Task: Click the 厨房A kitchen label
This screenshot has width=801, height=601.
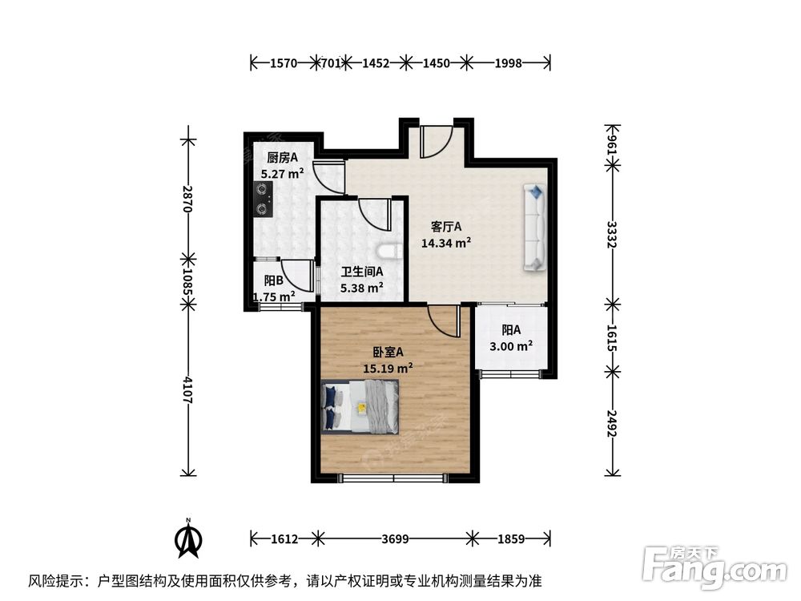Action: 283,157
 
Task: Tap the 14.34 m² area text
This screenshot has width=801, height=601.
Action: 446,243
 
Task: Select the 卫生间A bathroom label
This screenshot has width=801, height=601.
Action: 362,272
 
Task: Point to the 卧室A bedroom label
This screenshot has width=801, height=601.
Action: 388,352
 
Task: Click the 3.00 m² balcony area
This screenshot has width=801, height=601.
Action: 511,346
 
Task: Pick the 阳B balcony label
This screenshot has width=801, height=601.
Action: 274,280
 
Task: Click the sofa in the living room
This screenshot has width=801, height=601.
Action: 534,228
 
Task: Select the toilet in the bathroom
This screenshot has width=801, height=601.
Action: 390,252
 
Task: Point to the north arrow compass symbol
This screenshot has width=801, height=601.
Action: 188,538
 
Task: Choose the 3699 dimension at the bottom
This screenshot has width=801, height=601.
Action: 395,538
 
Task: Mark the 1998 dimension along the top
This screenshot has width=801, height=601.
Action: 509,63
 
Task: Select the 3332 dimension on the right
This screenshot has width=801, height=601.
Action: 612,235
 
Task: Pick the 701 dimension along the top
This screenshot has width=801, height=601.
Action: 331,63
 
